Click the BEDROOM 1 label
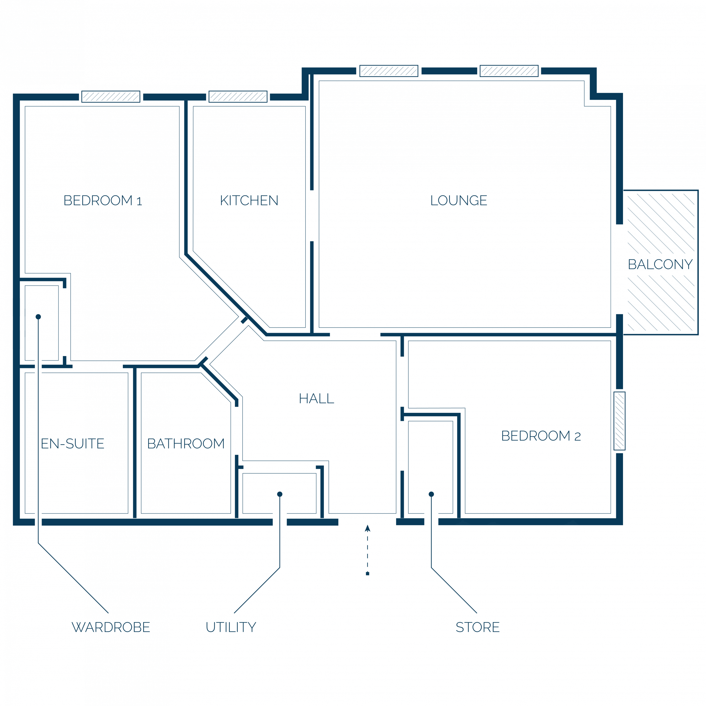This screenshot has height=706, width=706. coord(103,200)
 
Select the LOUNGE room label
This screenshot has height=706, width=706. coord(459,200)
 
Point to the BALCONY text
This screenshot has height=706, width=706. coord(660,264)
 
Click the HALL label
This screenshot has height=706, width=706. coord(317,398)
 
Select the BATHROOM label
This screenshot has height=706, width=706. coord(186,444)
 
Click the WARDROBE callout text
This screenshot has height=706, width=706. coord(111,627)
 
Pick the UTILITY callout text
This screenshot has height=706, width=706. coord(231,627)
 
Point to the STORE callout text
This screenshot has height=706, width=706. coord(478,627)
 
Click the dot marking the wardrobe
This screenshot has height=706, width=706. coord(38,317)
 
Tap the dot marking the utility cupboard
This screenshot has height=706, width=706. coord(280,494)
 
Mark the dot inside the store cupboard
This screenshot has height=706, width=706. coord(431,494)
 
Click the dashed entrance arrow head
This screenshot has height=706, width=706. coord(368,528)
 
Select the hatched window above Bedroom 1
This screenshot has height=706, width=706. coord(111,97)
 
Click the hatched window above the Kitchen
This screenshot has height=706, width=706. coord(238,97)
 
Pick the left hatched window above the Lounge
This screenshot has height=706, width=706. coord(389,71)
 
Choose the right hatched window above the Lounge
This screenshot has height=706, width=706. coord(509,71)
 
